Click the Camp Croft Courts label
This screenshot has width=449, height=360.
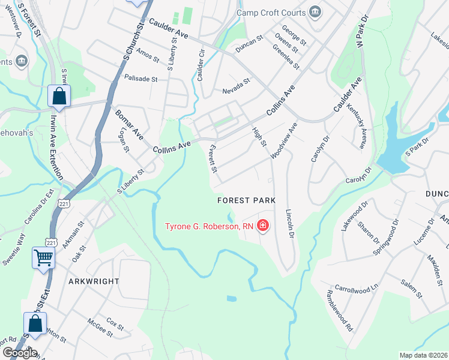click(x=272, y=12)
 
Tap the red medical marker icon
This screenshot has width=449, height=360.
click(x=262, y=226)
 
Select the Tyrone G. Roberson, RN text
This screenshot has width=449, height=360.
click(x=209, y=226)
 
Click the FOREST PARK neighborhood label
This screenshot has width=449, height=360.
click(x=246, y=200)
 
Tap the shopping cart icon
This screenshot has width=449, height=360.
click(x=44, y=259)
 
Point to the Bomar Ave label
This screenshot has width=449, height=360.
click(x=128, y=124)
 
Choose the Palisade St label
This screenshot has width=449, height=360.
click(x=140, y=78)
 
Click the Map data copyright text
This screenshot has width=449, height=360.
click(x=423, y=355)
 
